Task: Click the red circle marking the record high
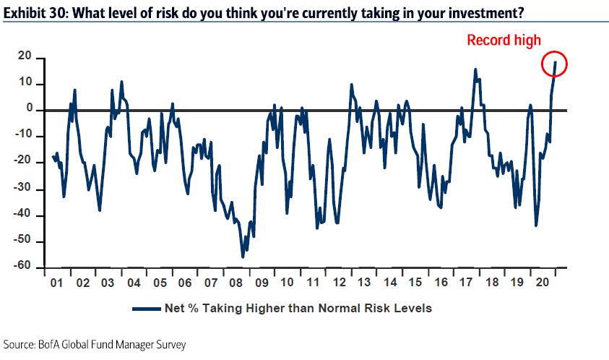point(555,64)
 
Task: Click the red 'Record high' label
point(504,40)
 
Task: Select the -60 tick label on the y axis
point(24,267)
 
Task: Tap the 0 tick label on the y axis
point(30,110)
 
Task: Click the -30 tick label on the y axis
point(24,189)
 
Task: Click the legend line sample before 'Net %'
point(149,309)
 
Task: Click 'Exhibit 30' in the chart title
point(29,12)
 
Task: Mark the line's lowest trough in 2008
point(243,257)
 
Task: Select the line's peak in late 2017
point(475,69)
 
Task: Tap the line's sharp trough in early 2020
point(535,225)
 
